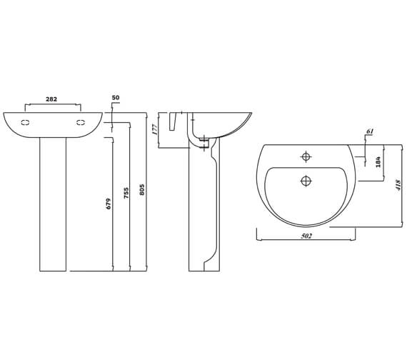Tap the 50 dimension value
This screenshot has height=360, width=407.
116,97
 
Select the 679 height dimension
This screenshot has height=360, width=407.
109,204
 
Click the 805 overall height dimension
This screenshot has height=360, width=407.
142,190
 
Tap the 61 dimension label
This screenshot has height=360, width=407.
369,132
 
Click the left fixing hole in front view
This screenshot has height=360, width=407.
26,123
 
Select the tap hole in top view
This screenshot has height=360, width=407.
306,156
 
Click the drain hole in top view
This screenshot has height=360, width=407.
306,181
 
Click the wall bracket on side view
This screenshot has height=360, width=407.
174,123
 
